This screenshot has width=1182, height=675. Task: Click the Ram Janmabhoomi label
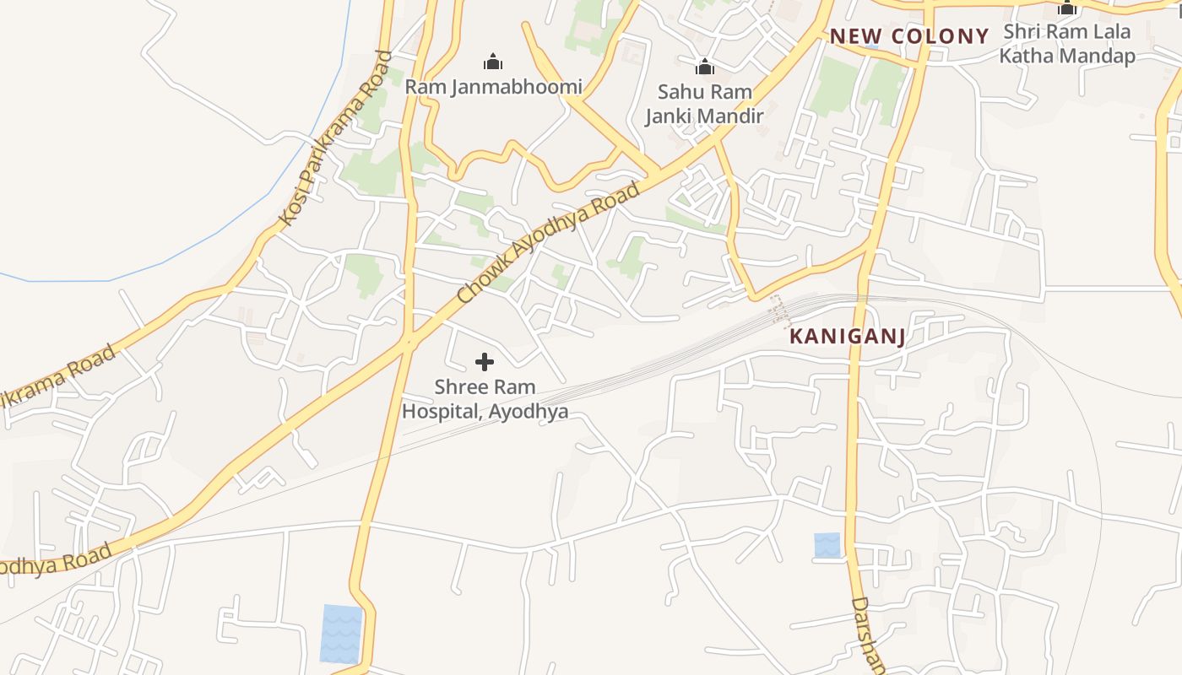[493, 87]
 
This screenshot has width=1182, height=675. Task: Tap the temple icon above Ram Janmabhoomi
[493, 62]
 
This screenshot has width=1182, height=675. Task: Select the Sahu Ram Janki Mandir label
[704, 104]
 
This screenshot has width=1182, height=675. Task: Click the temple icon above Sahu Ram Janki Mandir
[704, 67]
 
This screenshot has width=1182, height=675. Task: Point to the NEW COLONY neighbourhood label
[908, 36]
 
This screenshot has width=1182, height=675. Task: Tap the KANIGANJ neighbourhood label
[847, 337]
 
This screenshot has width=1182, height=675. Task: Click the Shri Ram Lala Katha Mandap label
[1067, 44]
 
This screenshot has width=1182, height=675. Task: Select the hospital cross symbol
[485, 362]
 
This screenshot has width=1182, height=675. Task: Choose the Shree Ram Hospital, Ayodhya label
[485, 399]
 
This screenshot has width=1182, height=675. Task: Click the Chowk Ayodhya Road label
[548, 244]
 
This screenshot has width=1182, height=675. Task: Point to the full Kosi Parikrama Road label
[336, 138]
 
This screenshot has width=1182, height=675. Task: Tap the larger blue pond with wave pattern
[341, 634]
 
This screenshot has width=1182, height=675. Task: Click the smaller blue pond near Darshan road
[827, 544]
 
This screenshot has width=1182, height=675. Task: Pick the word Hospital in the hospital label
[440, 412]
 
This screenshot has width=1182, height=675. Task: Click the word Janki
[672, 116]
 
